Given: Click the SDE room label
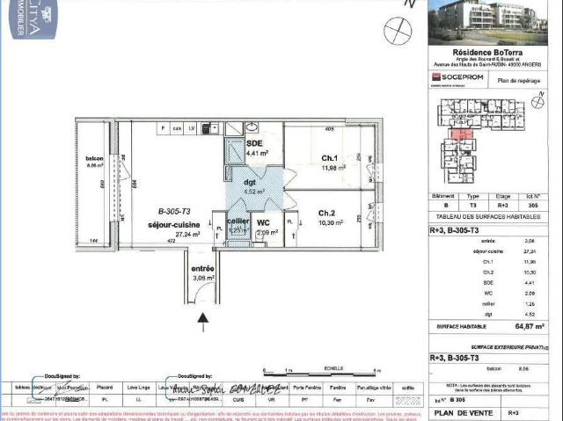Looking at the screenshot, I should (254, 142).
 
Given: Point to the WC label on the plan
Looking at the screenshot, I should (263, 222).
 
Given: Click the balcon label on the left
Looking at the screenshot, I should (94, 159).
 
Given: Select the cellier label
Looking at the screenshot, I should (238, 221).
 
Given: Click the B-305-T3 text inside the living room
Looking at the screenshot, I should (174, 211).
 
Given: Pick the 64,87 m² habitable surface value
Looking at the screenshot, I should (530, 325).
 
